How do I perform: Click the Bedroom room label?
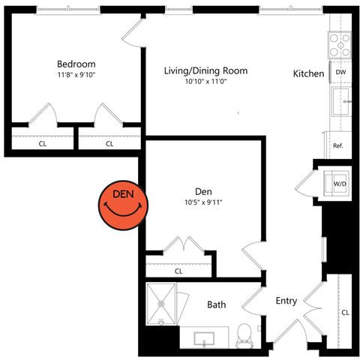pos(76,64)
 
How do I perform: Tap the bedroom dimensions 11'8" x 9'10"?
pos(76,75)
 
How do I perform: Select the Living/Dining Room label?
pos(205,70)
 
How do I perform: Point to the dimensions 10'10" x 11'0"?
pos(205,82)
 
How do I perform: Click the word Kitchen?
pos(308,73)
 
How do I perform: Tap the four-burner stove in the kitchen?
pos(340,45)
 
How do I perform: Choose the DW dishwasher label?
pos(340,72)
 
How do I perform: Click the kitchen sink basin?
pos(340,101)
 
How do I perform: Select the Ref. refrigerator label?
pos(338,145)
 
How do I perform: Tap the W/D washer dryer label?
pos(340,184)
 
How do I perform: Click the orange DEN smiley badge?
pos(123,205)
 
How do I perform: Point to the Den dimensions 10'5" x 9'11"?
pos(203,202)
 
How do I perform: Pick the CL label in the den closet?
pos(178,271)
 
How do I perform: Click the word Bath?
pos(217,304)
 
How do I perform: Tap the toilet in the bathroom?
pos(244,336)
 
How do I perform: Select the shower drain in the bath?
pos(161,304)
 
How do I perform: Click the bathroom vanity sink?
pos(204,338)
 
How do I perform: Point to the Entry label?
pos(286,301)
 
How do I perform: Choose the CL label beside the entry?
pos(345,313)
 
